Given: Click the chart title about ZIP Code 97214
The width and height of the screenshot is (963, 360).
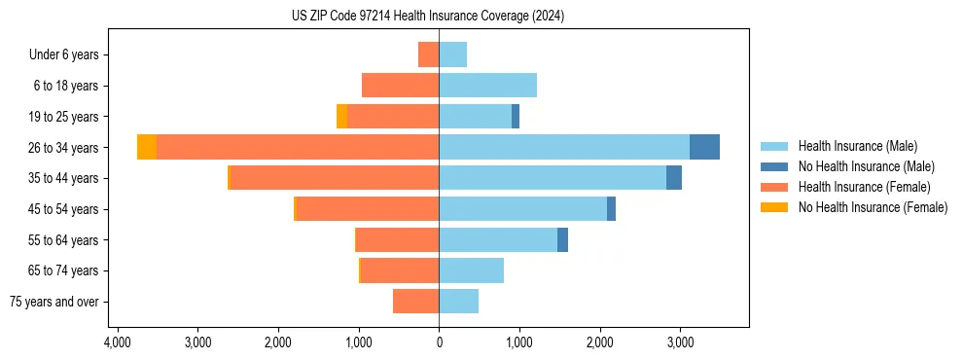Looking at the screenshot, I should pos(427,17).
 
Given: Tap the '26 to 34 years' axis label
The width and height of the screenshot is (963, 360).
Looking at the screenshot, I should pos(65,148).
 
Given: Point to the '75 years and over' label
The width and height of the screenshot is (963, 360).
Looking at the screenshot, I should pos(54,302).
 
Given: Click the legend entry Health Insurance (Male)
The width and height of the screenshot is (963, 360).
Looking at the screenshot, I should pos(857,146).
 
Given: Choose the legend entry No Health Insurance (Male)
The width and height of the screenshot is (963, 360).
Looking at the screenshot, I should pos(866,166).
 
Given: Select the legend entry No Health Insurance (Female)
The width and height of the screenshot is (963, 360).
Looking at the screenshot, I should pos(873,207).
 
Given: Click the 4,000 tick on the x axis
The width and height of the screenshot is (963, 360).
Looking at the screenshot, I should pos(117,342).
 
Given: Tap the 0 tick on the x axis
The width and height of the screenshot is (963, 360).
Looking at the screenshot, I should pos(439,342).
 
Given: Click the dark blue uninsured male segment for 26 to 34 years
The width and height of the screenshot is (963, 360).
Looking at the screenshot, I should pos(704,147).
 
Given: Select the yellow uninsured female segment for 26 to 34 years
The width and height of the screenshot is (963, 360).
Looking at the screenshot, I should pos(147,147).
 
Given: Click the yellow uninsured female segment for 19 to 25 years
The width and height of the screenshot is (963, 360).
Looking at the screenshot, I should pos(341,116).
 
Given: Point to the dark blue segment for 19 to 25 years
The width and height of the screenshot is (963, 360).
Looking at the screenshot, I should pos(516,116).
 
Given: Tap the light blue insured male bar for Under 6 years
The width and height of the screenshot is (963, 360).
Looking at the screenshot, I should pos(452,54).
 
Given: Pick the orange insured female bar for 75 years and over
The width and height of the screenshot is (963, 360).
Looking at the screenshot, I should pos(415,302).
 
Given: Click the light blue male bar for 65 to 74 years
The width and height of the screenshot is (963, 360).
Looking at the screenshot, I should pos(471,270).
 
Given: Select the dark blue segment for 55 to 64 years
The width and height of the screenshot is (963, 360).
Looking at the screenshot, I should pos(562,239).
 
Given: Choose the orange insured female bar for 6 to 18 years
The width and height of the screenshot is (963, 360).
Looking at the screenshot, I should pos(400,86).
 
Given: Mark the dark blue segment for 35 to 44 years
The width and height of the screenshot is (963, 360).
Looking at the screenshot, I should pos(674,178).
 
